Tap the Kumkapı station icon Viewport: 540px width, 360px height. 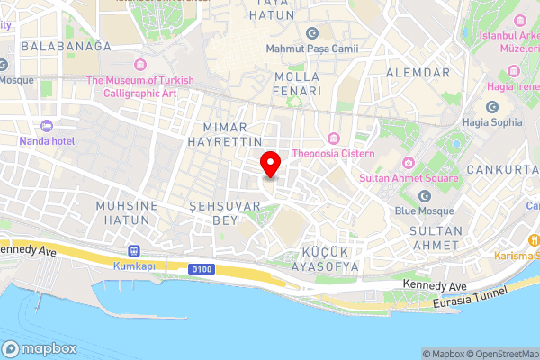click(135, 250)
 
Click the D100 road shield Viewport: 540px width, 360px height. click(200, 268)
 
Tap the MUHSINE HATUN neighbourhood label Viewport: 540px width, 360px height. click(127, 212)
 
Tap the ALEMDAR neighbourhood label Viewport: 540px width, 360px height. click(416, 72)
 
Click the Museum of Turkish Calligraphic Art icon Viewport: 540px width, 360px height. click(139, 65)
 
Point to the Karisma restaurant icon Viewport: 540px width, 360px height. click(535, 240)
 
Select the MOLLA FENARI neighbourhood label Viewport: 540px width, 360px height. click(298, 84)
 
